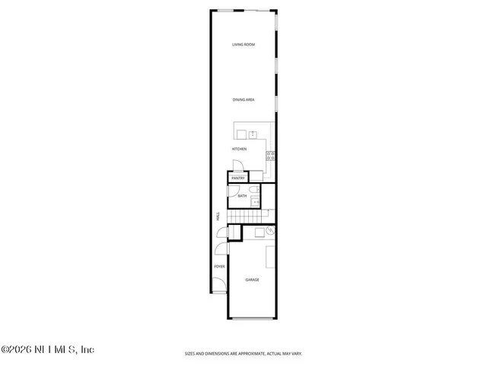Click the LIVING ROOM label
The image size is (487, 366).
click(x=243, y=45)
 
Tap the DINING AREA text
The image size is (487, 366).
click(x=243, y=100)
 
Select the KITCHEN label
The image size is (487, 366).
click(x=240, y=149)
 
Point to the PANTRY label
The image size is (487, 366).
click(x=237, y=178)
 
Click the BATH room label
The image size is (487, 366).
click(x=242, y=196)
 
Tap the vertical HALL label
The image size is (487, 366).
click(x=218, y=217)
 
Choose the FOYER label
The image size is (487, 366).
click(x=219, y=266)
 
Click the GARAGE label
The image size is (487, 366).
click(x=253, y=280)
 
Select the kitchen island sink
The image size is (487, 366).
click(x=253, y=134)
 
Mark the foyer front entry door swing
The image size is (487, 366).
click(x=218, y=287)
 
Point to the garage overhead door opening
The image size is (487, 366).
click(x=253, y=318)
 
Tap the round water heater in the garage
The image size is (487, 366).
click(x=269, y=230)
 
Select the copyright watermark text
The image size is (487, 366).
click(x=47, y=350)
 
